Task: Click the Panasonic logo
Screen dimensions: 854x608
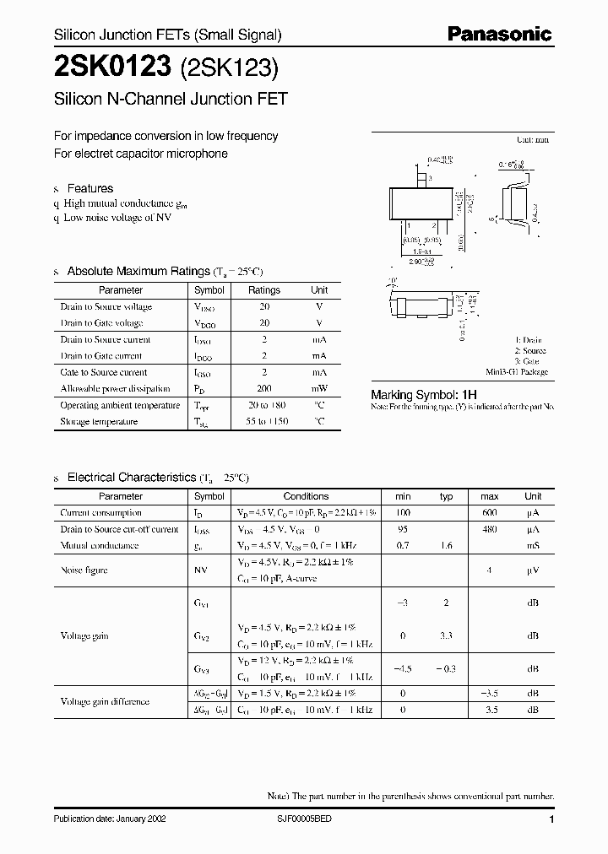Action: click(499, 35)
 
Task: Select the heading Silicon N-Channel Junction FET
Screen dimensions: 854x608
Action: click(171, 98)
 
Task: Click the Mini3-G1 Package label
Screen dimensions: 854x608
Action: click(517, 371)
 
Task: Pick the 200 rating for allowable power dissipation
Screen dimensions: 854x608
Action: click(264, 389)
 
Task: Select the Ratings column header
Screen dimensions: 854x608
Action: click(263, 289)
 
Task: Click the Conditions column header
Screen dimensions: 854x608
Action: click(306, 496)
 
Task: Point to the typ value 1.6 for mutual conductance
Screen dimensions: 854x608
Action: click(447, 546)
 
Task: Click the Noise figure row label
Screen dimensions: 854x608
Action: click(84, 570)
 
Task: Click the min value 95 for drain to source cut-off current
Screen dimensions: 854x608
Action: click(402, 530)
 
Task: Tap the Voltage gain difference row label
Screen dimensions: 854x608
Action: click(105, 701)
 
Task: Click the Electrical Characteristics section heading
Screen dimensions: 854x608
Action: click(131, 477)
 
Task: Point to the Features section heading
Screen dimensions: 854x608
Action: click(90, 188)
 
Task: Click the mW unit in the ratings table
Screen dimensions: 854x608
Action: click(319, 389)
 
